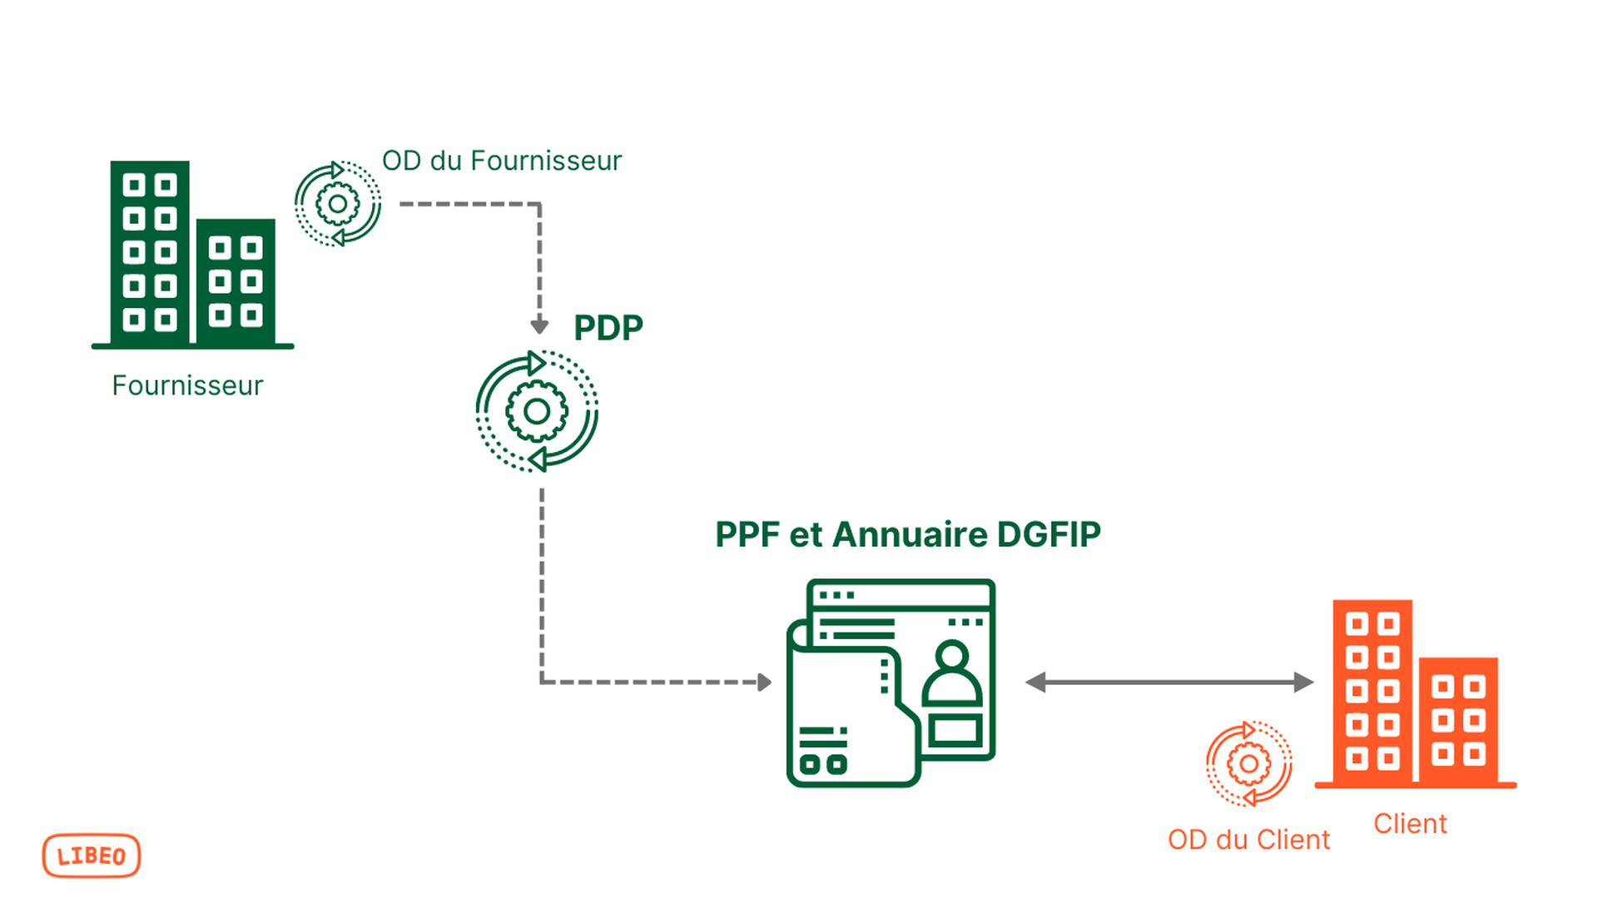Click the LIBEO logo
click(x=91, y=856)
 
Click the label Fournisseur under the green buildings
click(x=187, y=385)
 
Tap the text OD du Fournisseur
click(x=501, y=161)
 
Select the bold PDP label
click(x=608, y=328)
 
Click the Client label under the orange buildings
click(x=1410, y=823)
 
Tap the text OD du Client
click(x=1248, y=839)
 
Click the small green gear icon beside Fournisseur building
click(x=338, y=204)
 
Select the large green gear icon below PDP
click(x=537, y=411)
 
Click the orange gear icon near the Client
click(x=1248, y=764)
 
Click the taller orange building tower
click(x=1372, y=691)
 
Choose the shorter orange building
click(x=1458, y=720)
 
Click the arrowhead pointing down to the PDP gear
click(x=539, y=325)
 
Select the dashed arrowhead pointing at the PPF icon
click(x=764, y=682)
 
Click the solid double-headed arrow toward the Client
click(x=1169, y=682)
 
